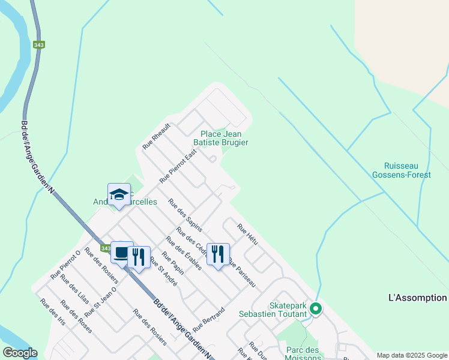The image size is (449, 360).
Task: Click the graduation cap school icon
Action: [119, 194]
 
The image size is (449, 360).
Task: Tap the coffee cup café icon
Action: [121, 253]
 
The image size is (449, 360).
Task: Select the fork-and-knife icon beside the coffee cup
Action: [139, 257]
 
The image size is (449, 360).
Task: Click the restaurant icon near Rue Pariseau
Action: [218, 253]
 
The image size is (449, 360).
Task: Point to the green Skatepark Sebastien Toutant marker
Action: [315, 310]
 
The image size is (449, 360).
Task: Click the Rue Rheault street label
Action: [157, 136]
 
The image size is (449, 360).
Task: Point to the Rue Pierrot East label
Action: [178, 167]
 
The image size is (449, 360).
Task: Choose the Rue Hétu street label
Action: [247, 234]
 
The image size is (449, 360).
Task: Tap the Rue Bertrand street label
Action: [209, 320]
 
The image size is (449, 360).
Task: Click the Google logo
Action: [19, 353]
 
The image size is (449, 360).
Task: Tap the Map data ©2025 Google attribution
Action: [412, 355]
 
